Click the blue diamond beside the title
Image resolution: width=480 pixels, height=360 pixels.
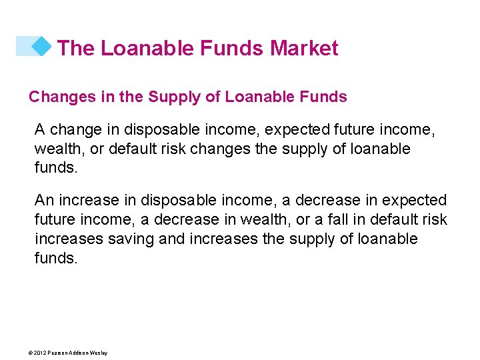[41, 46]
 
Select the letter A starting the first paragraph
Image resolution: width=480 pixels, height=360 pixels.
[40, 129]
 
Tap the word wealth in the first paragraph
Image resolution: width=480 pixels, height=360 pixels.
[57, 149]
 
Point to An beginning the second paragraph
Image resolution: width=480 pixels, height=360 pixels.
[44, 201]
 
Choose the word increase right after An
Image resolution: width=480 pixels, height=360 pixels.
[86, 201]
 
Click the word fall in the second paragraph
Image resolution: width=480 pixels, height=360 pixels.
[339, 220]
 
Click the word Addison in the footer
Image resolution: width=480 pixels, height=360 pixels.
[80, 353]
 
